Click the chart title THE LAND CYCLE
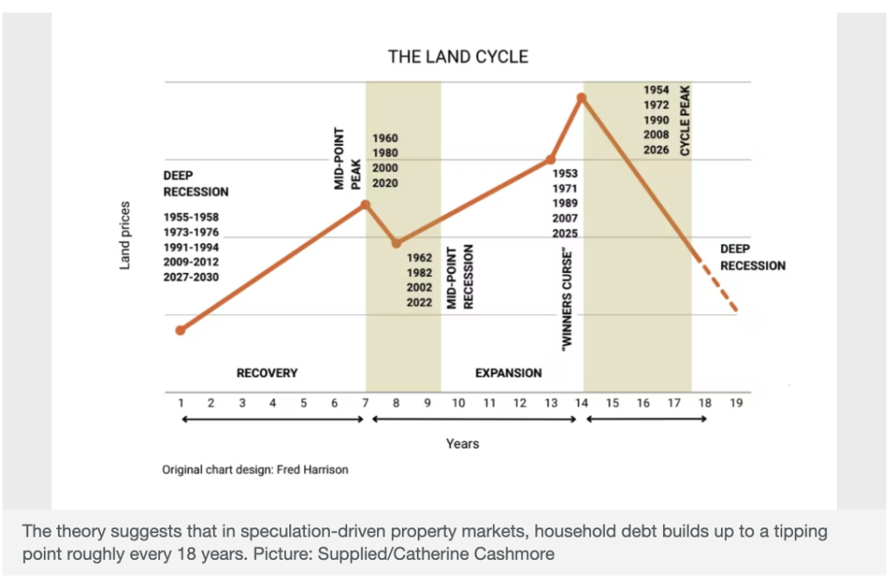tap(457, 57)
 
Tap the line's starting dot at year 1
tap(181, 330)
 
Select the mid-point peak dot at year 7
tap(365, 204)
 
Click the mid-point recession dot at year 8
tap(397, 243)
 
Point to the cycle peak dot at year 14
tap(582, 98)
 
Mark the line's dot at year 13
tap(551, 159)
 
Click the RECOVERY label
tap(267, 373)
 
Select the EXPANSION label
tap(508, 373)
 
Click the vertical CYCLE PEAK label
tap(685, 120)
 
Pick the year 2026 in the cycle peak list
tap(656, 150)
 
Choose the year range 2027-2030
tap(191, 277)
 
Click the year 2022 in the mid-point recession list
tap(419, 303)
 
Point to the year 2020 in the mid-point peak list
tap(385, 182)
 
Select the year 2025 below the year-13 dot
tap(565, 234)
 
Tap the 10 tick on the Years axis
tap(458, 403)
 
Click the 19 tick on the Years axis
tap(736, 403)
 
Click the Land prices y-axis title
tap(125, 235)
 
